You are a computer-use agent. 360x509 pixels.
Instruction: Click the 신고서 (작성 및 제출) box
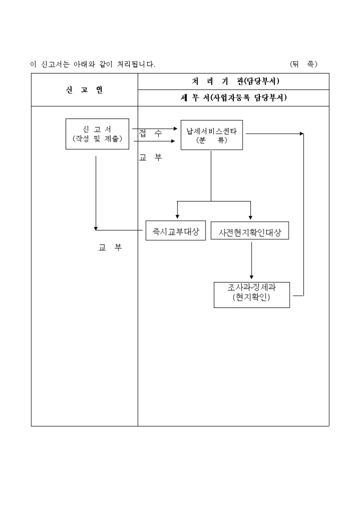tap(97, 134)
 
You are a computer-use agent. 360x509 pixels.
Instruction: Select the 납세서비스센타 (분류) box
tap(211, 135)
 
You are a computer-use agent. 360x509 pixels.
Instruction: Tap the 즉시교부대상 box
tap(176, 230)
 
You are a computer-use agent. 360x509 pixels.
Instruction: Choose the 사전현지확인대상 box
tap(250, 231)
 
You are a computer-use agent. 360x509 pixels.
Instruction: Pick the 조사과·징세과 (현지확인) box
tap(251, 294)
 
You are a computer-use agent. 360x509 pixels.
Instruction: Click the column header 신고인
tap(84, 90)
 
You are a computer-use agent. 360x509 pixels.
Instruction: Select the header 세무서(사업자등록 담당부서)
tap(233, 98)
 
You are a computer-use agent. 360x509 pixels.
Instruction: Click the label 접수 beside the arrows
tap(151, 134)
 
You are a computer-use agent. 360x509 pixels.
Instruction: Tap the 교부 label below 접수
tap(151, 158)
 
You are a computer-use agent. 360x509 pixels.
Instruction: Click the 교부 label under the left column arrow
tap(110, 248)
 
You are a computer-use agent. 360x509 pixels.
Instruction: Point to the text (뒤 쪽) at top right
tap(303, 64)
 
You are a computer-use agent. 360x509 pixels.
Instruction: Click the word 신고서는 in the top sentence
tap(55, 65)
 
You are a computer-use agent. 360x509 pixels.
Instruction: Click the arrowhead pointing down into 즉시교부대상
tap(177, 216)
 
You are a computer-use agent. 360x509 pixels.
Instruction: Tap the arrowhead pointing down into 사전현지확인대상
tap(250, 216)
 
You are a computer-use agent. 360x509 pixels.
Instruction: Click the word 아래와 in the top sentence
tap(84, 65)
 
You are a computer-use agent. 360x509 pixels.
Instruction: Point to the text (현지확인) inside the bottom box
tap(251, 298)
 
